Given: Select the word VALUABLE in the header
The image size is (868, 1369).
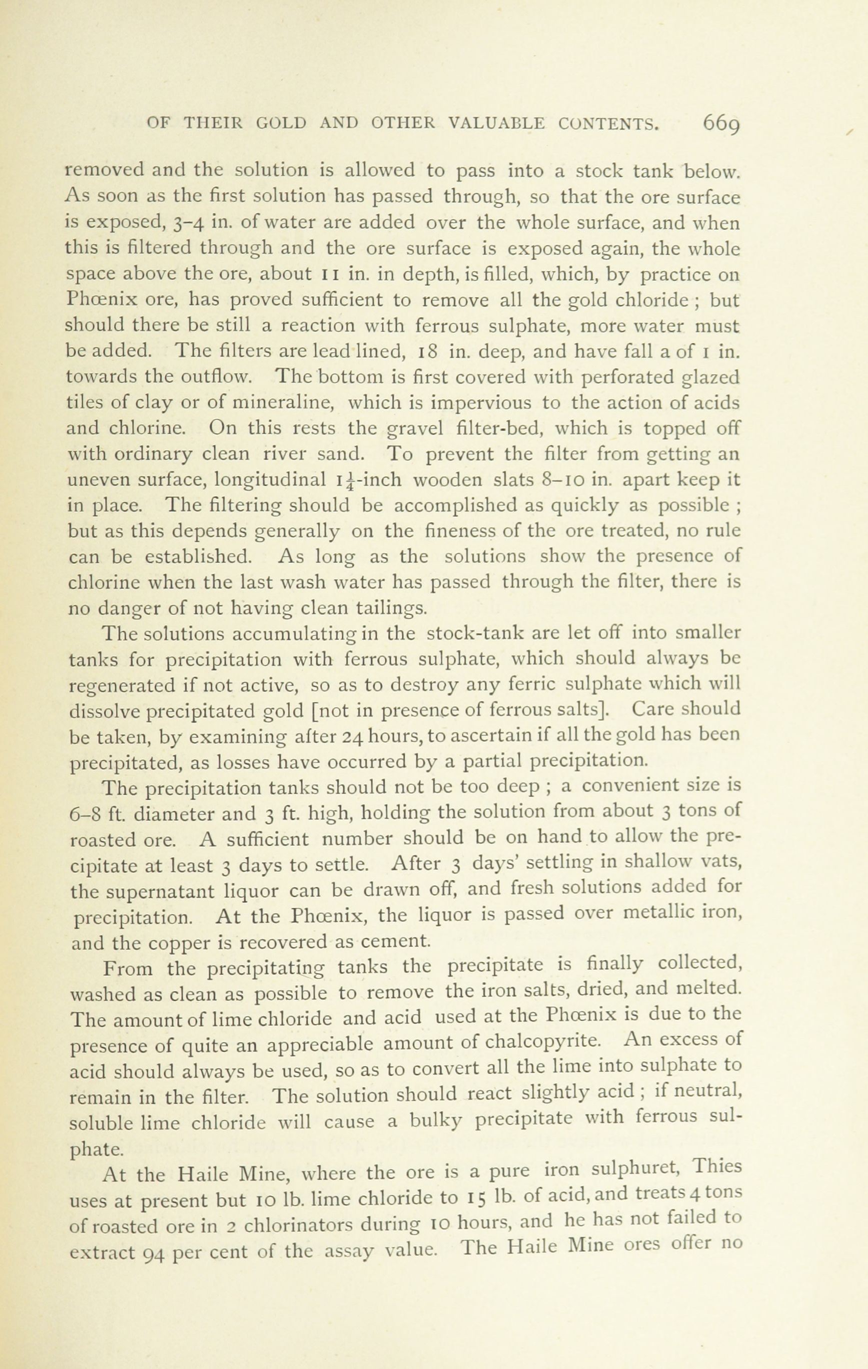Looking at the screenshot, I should tap(498, 123).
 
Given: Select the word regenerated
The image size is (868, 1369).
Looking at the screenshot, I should tap(122, 686).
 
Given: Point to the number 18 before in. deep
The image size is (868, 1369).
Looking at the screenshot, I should tap(427, 352).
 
